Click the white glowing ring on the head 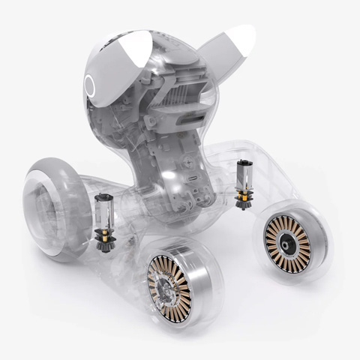(x=91, y=85)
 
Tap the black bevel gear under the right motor (x=243, y=201)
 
